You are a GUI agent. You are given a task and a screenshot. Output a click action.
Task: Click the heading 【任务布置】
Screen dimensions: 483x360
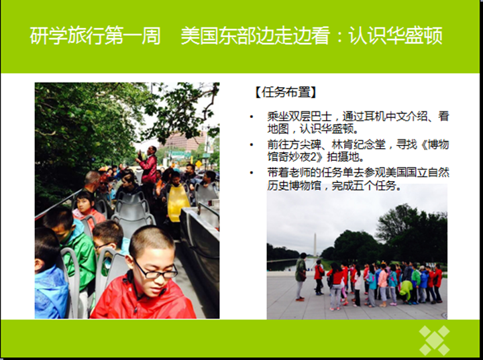[x=286, y=92]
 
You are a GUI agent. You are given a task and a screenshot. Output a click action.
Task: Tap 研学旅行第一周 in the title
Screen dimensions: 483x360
[x=95, y=36]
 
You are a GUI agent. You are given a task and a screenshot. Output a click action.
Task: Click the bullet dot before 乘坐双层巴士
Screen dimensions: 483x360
[x=252, y=117]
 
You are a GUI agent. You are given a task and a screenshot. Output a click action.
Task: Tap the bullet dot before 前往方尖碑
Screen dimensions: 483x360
[x=252, y=145]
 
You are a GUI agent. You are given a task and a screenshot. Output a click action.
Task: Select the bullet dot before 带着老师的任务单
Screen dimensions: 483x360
[x=252, y=173]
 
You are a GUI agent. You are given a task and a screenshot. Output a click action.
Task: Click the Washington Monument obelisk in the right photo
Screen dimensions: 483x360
[x=315, y=245]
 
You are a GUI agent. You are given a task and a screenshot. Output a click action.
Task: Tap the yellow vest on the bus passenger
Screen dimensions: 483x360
[x=178, y=202]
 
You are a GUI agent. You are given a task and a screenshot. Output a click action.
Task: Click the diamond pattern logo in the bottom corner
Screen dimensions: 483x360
[x=434, y=341]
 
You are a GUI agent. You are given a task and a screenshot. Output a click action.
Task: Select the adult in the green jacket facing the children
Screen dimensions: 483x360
[x=301, y=276]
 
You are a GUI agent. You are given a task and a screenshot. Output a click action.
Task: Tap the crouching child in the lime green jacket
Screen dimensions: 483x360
[x=407, y=290]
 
